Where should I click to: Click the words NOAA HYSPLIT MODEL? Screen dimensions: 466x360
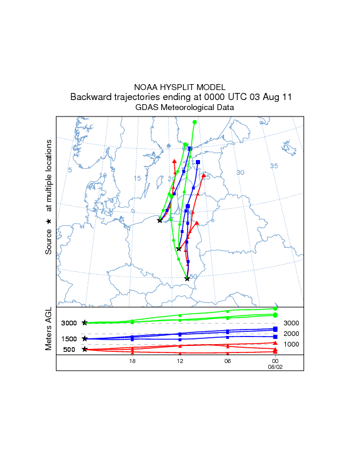point(180,86)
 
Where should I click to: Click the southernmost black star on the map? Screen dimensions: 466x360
point(187,279)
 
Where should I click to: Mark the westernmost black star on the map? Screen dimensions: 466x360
point(159,221)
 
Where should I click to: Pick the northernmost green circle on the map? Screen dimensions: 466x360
point(195,122)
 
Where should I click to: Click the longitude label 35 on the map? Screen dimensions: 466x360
point(274,166)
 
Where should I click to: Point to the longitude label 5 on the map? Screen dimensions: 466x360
point(70,170)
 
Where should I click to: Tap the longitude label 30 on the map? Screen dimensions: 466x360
point(240,172)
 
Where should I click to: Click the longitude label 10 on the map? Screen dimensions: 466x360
point(103,175)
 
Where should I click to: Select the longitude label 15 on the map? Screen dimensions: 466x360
point(137,178)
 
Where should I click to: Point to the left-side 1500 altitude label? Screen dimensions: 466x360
point(69,339)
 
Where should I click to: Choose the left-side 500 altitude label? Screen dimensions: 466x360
point(69,349)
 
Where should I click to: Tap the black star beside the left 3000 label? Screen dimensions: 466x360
point(85,323)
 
